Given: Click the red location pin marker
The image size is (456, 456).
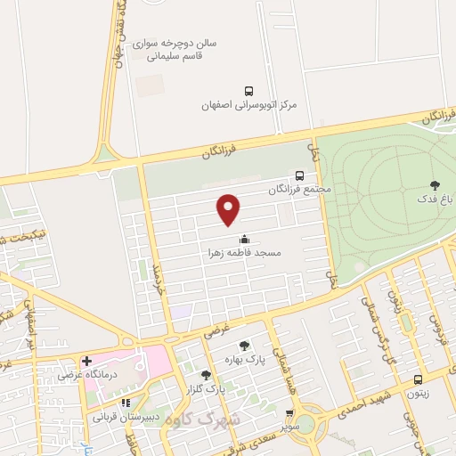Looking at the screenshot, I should pos(229,208).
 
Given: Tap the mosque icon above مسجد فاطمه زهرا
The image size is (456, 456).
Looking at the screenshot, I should pos(243,239).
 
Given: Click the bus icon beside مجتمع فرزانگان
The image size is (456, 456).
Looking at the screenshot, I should pos(299,176).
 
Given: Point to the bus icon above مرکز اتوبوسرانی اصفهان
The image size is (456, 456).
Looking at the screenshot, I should pos(248,90).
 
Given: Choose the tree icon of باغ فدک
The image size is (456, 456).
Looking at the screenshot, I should pos(435,186).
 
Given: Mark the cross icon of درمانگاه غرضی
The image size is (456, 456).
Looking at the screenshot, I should pos(86,361).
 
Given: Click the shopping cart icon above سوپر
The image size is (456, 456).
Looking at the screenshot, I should pos(290,412).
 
